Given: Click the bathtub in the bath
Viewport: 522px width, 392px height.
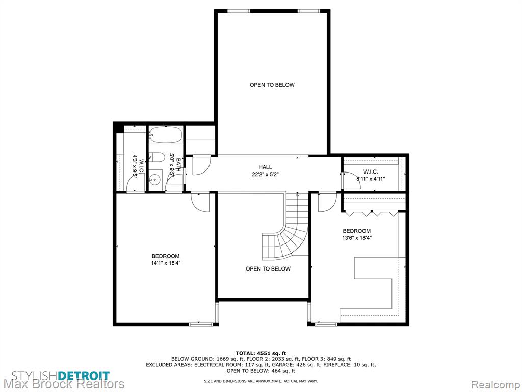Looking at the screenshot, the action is [166, 135].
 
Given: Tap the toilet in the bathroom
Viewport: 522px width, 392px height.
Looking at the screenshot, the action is [156, 157].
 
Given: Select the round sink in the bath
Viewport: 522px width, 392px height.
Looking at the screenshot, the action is [155, 180].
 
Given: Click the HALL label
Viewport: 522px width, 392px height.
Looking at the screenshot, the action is [265, 167].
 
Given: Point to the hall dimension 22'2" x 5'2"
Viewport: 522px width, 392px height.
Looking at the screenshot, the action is [265, 174].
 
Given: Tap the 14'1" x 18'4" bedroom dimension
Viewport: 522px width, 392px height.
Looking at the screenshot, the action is [166, 263].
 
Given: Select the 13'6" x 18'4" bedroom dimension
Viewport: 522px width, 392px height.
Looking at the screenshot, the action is [357, 238].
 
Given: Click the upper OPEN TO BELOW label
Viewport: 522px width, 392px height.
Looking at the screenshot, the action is [272, 85].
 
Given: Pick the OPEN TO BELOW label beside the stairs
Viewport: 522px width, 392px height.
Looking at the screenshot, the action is [268, 269].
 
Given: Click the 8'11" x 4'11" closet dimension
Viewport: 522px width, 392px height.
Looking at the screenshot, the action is [371, 179].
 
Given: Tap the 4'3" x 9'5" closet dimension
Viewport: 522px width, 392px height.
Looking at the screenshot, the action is [135, 165].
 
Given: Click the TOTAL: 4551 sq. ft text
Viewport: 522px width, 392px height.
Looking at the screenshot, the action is [261, 353].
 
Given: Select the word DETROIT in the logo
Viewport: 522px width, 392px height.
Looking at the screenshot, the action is [84, 375].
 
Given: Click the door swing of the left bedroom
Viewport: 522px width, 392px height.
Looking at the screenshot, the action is [200, 202].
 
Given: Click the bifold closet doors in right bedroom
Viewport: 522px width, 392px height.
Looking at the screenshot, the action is [372, 213].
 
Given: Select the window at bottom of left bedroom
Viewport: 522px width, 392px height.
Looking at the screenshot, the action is [201, 324].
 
